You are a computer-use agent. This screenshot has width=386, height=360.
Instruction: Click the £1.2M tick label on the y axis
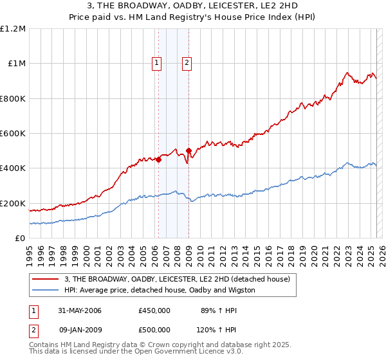click(x=13, y=29)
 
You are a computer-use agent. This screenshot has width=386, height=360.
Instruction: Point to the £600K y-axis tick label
click(x=13, y=134)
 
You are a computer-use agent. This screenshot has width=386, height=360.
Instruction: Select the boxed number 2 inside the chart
click(x=187, y=63)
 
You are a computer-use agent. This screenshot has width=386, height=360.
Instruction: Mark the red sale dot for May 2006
click(x=158, y=160)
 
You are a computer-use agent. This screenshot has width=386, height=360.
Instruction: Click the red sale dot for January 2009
click(x=188, y=151)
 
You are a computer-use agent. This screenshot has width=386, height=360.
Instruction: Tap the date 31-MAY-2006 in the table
click(x=76, y=310)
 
